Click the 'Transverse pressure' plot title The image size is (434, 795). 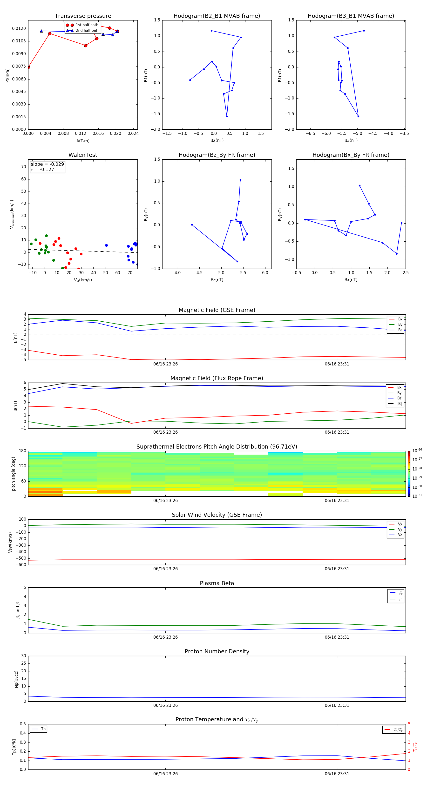click(x=83, y=16)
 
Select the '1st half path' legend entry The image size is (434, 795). click(x=87, y=25)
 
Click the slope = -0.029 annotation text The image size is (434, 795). click(x=47, y=164)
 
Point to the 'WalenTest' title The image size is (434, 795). click(x=83, y=155)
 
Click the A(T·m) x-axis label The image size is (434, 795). click(x=83, y=141)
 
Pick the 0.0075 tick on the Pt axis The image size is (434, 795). click(x=19, y=66)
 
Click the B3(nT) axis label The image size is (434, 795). click(x=351, y=140)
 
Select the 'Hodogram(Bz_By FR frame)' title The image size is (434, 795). click(x=217, y=155)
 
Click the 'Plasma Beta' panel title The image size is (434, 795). click(x=217, y=583)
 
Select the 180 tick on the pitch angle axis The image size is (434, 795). click(x=23, y=451)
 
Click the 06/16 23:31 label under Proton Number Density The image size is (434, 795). click(x=337, y=705)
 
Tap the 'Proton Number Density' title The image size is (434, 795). click(x=217, y=651)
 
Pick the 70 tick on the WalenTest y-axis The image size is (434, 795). click(x=23, y=167)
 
